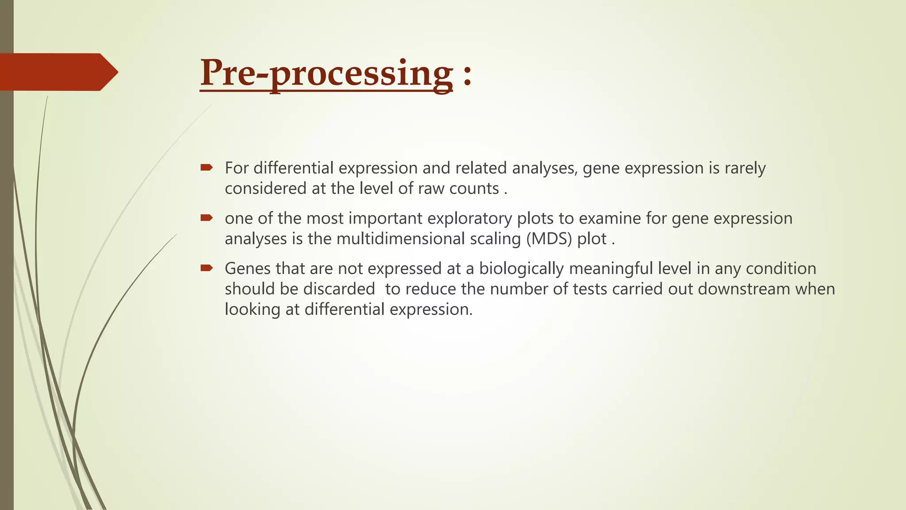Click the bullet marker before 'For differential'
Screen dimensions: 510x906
pos(207,167)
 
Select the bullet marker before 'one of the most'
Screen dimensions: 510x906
pos(207,218)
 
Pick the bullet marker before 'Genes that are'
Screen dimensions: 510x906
pos(207,268)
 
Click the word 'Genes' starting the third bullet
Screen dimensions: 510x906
pos(247,269)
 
